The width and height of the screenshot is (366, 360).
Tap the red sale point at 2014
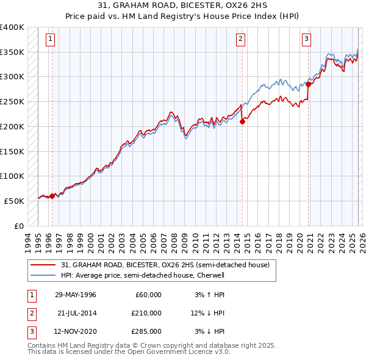pos(242,121)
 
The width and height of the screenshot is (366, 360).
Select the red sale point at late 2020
pos(309,84)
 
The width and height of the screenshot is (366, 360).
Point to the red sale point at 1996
pos(52,196)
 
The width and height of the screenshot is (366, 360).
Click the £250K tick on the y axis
pos(12,102)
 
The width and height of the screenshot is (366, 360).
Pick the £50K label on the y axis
pos(14,201)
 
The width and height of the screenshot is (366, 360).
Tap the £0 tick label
pos(18,226)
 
